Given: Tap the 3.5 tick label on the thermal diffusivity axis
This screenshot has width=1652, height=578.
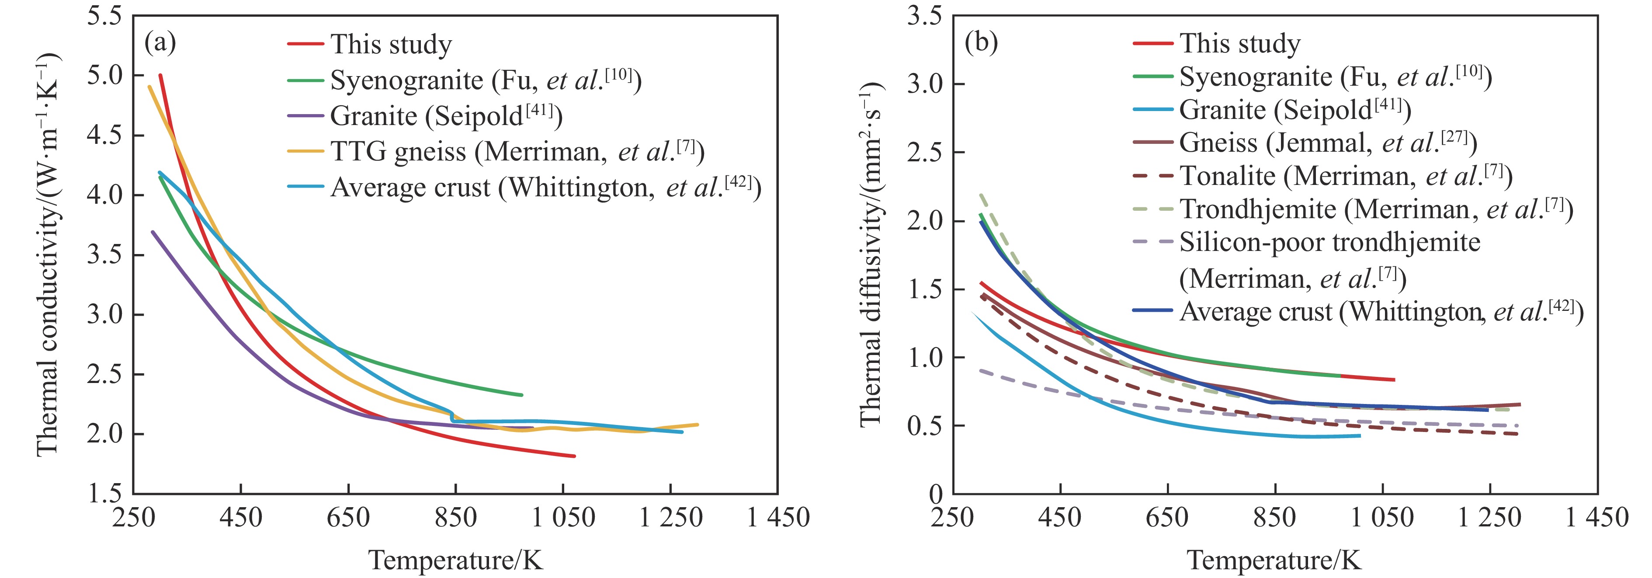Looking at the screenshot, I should tap(925, 15).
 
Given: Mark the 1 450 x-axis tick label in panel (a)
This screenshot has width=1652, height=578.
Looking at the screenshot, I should tap(778, 517).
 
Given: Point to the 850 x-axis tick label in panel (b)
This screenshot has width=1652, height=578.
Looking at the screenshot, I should tap(1275, 517).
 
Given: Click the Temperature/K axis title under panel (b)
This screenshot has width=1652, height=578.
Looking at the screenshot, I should tap(1274, 560).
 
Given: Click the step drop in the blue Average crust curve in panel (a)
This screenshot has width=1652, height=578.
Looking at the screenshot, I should tap(453, 417).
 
